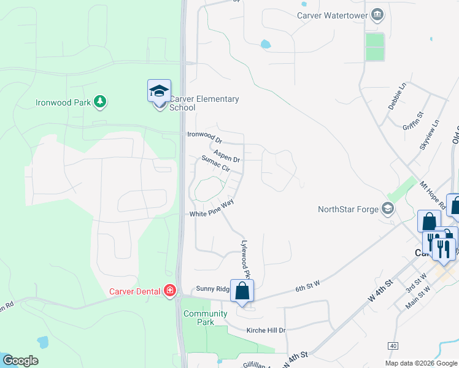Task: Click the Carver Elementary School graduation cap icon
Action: (x=159, y=91)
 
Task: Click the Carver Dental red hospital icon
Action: (x=170, y=291)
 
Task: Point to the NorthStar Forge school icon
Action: (x=387, y=209)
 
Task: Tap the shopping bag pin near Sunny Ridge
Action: (x=242, y=291)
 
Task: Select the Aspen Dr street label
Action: (x=226, y=156)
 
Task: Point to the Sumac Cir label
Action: (x=215, y=163)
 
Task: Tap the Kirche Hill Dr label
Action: (x=266, y=331)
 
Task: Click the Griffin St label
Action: (x=413, y=123)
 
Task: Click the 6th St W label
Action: (x=309, y=287)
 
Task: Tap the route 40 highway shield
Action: (x=393, y=347)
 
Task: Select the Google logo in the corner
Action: (x=20, y=361)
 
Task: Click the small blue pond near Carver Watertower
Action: (x=265, y=44)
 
